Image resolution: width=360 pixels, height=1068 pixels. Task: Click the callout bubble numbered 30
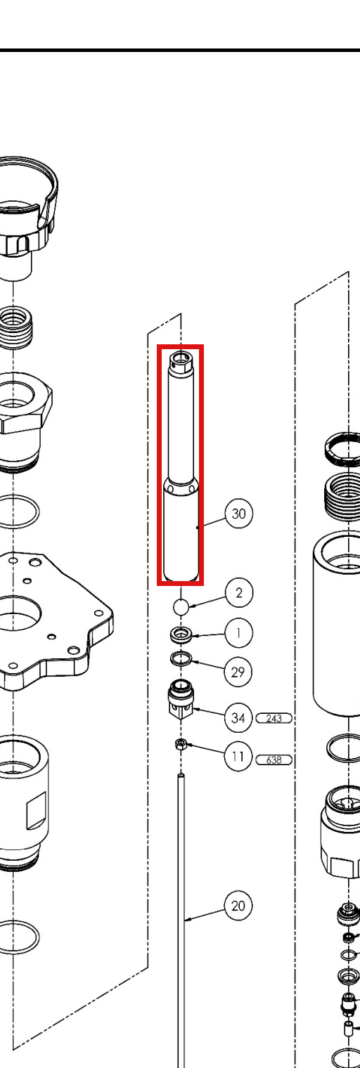238,514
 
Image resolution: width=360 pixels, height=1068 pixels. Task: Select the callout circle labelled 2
238,592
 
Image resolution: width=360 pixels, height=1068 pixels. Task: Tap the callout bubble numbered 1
238,633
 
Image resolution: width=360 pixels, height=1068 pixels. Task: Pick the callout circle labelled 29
238,672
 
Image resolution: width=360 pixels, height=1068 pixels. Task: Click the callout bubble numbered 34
238,717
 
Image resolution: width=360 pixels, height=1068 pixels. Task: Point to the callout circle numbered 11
238,757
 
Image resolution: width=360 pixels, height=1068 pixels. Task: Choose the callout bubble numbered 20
238,906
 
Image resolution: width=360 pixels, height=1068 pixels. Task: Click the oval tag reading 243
274,718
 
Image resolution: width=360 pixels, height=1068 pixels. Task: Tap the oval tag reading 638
274,760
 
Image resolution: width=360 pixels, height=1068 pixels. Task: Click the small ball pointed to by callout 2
181,607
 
